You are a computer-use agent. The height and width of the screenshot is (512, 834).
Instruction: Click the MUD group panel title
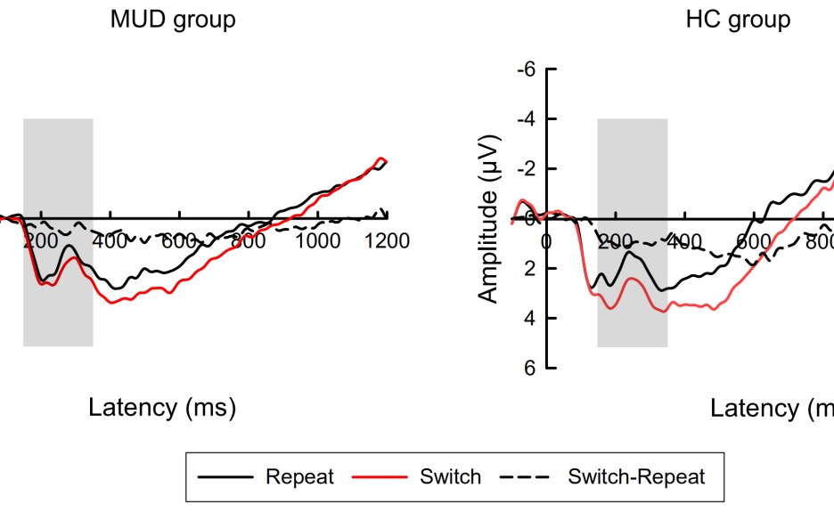[x=173, y=20]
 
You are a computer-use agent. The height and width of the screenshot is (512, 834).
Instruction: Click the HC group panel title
[x=738, y=20]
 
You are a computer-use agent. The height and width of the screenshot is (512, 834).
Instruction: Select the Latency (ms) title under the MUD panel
[x=162, y=408]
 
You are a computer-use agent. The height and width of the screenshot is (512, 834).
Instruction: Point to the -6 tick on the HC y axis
[x=529, y=69]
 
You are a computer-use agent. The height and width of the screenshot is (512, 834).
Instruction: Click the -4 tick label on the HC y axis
[x=529, y=119]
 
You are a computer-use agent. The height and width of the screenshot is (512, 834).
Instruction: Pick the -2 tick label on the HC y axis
[x=529, y=169]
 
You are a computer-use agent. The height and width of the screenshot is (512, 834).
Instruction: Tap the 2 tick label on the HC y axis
[x=533, y=269]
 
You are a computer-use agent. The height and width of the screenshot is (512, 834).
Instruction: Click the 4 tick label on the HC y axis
[x=533, y=319]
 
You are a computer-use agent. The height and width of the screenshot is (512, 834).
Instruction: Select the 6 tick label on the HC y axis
[x=533, y=369]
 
